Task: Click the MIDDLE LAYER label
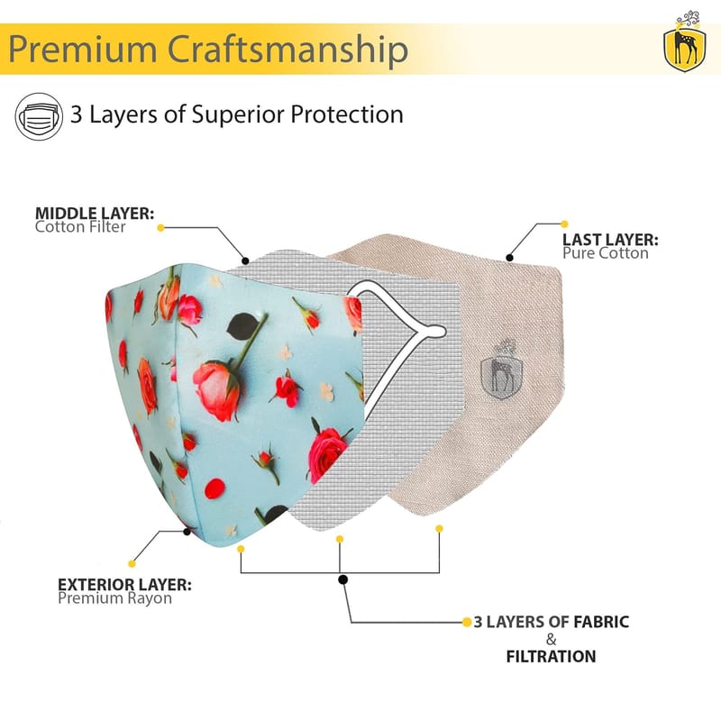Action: click(x=95, y=214)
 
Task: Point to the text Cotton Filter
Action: click(x=80, y=227)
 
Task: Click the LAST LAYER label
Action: click(x=610, y=240)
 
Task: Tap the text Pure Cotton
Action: click(x=605, y=253)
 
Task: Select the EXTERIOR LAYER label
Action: click(x=124, y=584)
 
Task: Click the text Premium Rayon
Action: click(x=114, y=598)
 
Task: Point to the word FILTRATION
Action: click(x=551, y=656)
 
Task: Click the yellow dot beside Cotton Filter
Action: click(x=160, y=228)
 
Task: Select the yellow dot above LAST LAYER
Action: click(x=565, y=224)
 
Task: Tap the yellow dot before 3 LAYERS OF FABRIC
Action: click(x=466, y=622)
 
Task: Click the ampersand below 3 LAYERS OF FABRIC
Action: click(x=551, y=639)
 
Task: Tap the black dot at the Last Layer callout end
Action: click(x=510, y=259)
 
